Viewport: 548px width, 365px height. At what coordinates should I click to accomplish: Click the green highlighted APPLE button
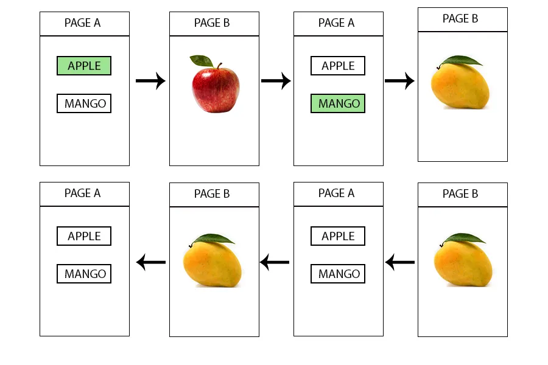84,66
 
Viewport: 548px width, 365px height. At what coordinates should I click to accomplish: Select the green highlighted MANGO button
338,103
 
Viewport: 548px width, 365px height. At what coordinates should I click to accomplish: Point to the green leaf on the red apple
201,60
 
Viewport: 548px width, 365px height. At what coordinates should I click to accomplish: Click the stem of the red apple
214,65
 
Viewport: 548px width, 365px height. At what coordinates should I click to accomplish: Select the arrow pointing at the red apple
150,80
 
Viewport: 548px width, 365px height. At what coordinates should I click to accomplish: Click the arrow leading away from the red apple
276,80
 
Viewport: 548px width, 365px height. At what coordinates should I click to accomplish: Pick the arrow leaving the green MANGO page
399,80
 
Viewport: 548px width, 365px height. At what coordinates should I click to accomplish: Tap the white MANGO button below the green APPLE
84,103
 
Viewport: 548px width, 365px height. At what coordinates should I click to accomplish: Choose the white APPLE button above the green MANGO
338,66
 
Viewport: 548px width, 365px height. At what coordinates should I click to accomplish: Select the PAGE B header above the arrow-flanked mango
212,194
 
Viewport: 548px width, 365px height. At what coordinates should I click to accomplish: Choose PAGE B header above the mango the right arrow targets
460,19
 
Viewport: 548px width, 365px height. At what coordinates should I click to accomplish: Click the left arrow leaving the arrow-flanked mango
150,263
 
